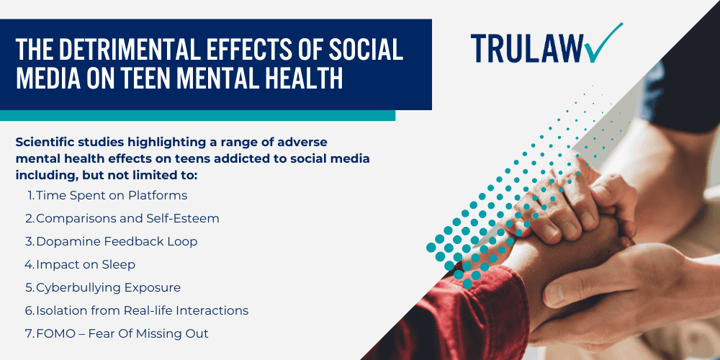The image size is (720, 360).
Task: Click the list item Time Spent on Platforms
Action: tap(111, 195)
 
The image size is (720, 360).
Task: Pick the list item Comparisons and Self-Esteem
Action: tap(127, 218)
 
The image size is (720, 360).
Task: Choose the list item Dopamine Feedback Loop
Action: tap(117, 241)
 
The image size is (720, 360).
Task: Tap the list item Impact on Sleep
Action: tap(86, 264)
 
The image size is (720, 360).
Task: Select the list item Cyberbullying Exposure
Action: tap(108, 287)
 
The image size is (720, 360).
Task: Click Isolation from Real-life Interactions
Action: tap(142, 310)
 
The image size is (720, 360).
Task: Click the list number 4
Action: tap(29, 264)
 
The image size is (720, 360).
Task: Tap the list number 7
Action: tap(29, 333)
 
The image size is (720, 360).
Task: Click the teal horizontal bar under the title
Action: tap(197, 115)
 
